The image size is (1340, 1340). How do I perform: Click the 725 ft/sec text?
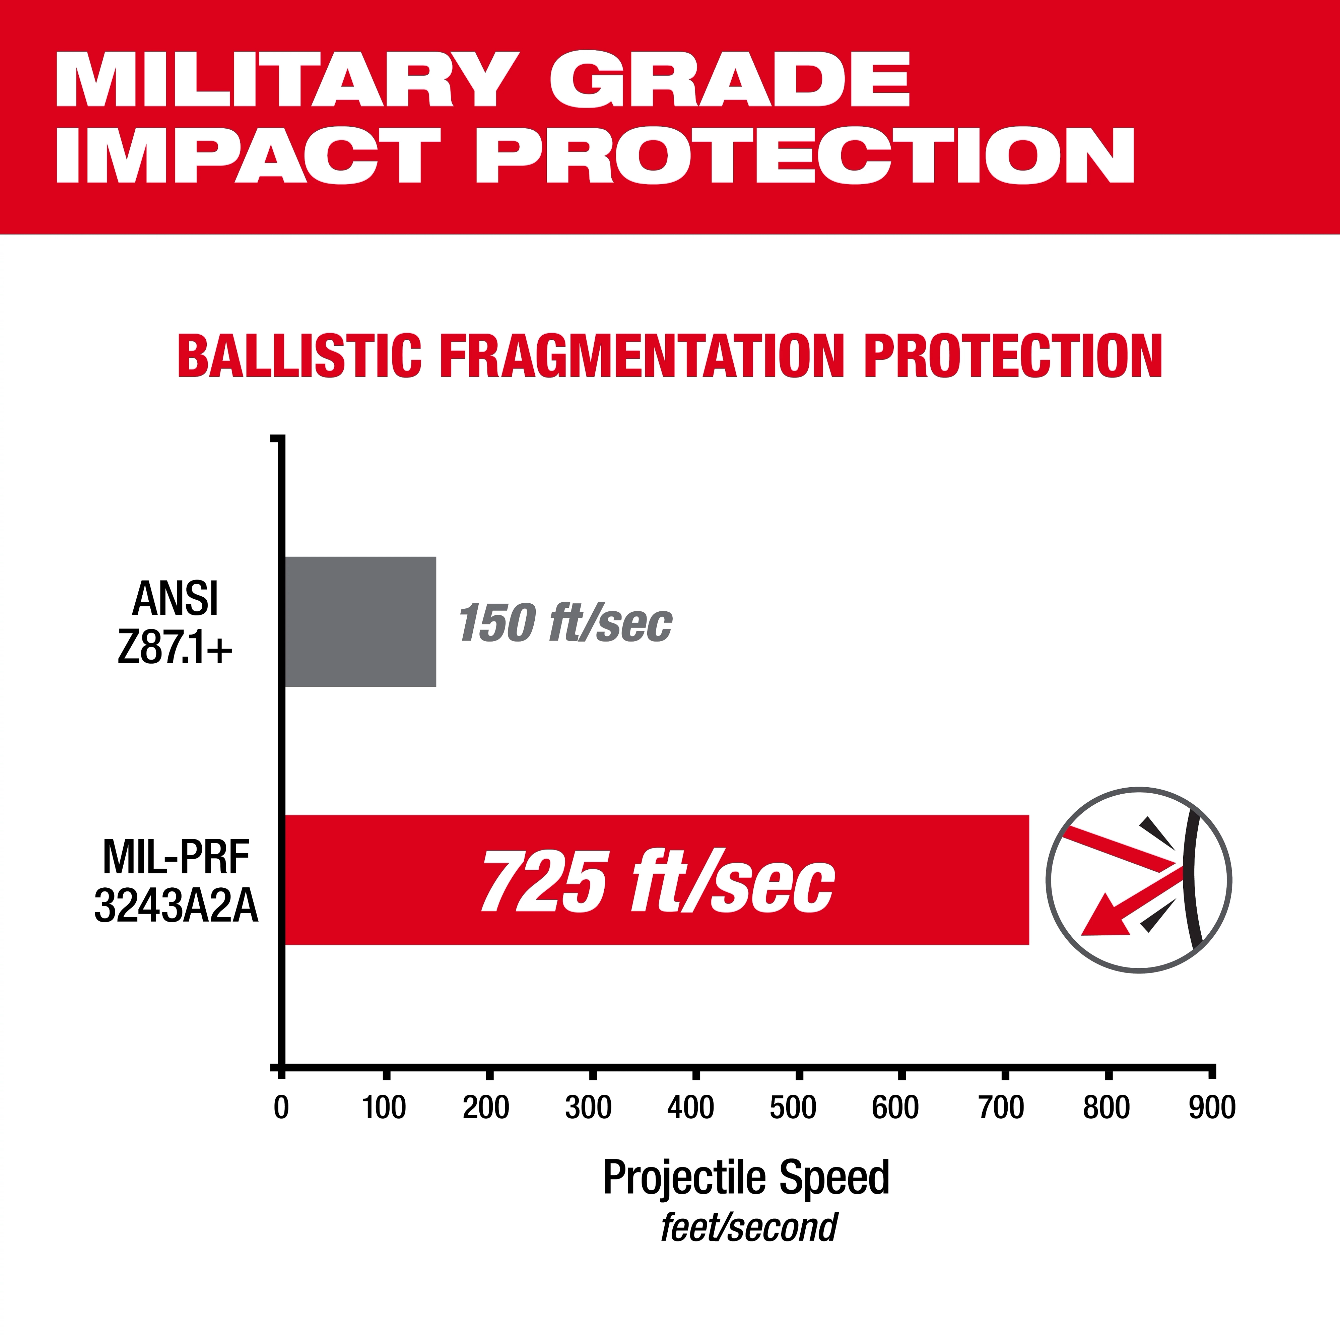coord(658,881)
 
